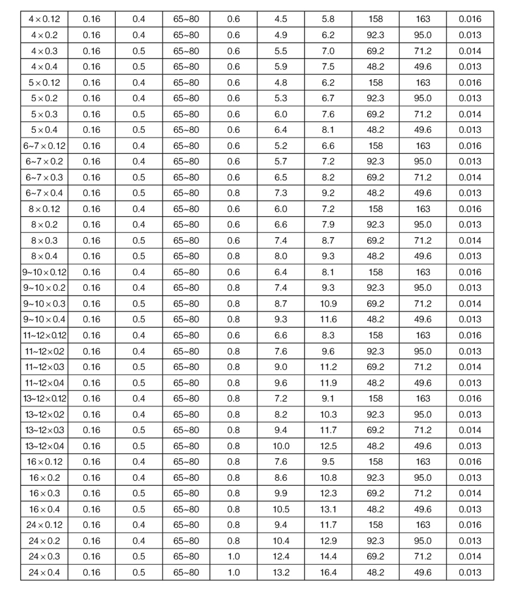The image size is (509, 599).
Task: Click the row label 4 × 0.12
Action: pyautogui.click(x=44, y=19)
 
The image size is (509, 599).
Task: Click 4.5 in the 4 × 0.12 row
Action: pyautogui.click(x=281, y=19)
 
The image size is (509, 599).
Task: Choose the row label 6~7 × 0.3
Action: pyautogui.click(x=44, y=177)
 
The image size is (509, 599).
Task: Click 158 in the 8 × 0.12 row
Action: pyautogui.click(x=376, y=208)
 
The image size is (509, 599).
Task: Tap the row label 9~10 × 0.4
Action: pyautogui.click(x=44, y=319)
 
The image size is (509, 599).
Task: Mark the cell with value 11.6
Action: pyautogui.click(x=328, y=319)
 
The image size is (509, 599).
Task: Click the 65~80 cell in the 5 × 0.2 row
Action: pyautogui.click(x=186, y=98)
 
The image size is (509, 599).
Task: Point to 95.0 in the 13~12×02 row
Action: pyautogui.click(x=423, y=414)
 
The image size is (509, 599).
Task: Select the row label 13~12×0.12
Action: pyautogui.click(x=44, y=398)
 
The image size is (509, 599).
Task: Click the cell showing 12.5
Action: pyautogui.click(x=328, y=445)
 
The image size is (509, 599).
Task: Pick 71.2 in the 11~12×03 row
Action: pyautogui.click(x=423, y=366)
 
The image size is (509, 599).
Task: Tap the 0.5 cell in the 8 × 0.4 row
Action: pyautogui.click(x=139, y=256)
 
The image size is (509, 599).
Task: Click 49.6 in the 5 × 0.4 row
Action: pyautogui.click(x=423, y=130)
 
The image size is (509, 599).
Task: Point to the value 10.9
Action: pyautogui.click(x=328, y=303)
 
